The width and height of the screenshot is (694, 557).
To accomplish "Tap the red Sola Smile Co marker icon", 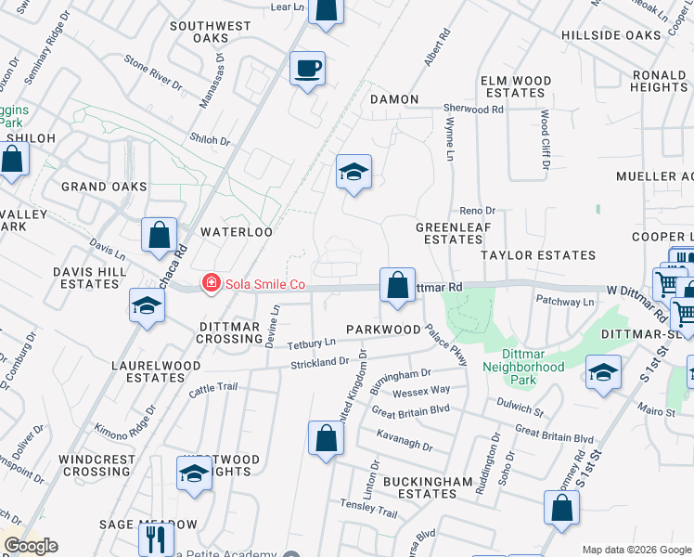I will click(x=212, y=282).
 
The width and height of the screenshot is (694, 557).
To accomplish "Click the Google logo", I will click(x=30, y=546).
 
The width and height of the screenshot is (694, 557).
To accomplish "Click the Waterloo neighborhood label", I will click(x=236, y=232).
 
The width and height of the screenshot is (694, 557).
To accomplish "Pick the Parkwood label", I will click(x=383, y=330).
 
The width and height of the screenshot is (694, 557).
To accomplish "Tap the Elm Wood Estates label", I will click(x=513, y=86).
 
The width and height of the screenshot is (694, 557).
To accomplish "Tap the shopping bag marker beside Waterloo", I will click(x=159, y=235).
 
